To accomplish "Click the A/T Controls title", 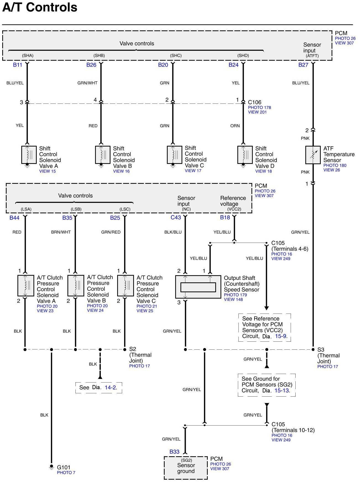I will [x=40, y=7].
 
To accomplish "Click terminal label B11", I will [x=17, y=65].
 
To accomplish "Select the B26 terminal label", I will [x=91, y=65].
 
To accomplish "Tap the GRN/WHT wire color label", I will [x=87, y=83].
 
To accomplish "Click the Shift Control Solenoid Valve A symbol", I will [x=29, y=155].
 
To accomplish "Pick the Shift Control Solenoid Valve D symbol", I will [x=245, y=155].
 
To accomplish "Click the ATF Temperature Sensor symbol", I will [x=313, y=155].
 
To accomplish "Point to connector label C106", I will [x=254, y=102].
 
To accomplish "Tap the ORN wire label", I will [x=235, y=126].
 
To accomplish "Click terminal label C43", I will [x=176, y=217].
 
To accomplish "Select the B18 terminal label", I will [x=225, y=217].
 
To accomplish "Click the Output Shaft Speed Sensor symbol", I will [x=198, y=287].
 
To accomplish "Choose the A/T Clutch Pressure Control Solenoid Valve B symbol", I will [x=76, y=286].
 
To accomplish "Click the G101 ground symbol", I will [x=51, y=467].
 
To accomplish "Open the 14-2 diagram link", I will [x=110, y=388].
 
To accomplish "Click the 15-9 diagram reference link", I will [x=281, y=336].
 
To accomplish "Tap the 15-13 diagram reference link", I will [x=282, y=391].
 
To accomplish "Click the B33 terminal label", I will [x=174, y=452].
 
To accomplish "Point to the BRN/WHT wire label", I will [x=61, y=232].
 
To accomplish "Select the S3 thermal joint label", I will [x=320, y=350].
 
